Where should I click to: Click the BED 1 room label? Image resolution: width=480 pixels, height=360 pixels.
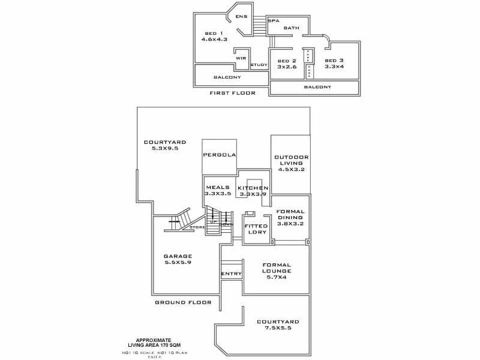[214, 33]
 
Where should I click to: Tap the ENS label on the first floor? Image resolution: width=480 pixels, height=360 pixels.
[241, 16]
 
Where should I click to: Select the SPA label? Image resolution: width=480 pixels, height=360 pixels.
[274, 21]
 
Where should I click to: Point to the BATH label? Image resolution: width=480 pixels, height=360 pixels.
[292, 28]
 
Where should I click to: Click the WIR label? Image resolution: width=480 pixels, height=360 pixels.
[241, 58]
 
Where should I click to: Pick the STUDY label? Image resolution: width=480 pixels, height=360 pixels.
[259, 65]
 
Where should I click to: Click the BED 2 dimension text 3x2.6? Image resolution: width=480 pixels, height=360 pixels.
[286, 67]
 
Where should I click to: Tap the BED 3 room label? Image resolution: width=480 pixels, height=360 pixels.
[334, 61]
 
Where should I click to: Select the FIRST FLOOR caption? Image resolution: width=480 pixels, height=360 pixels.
[232, 93]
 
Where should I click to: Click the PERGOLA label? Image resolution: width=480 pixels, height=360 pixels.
[219, 155]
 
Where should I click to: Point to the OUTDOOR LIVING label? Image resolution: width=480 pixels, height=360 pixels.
[291, 162]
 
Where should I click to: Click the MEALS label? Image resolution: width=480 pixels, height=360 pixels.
[217, 187]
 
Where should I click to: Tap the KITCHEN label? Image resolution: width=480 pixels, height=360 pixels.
[253, 188]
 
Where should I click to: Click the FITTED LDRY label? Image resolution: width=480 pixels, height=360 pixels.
[256, 229]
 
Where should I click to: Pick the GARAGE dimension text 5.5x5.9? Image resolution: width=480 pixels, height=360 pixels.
[178, 262]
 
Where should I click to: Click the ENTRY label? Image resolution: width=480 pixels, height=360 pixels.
[231, 274]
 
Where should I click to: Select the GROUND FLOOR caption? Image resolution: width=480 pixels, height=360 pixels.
[183, 302]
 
